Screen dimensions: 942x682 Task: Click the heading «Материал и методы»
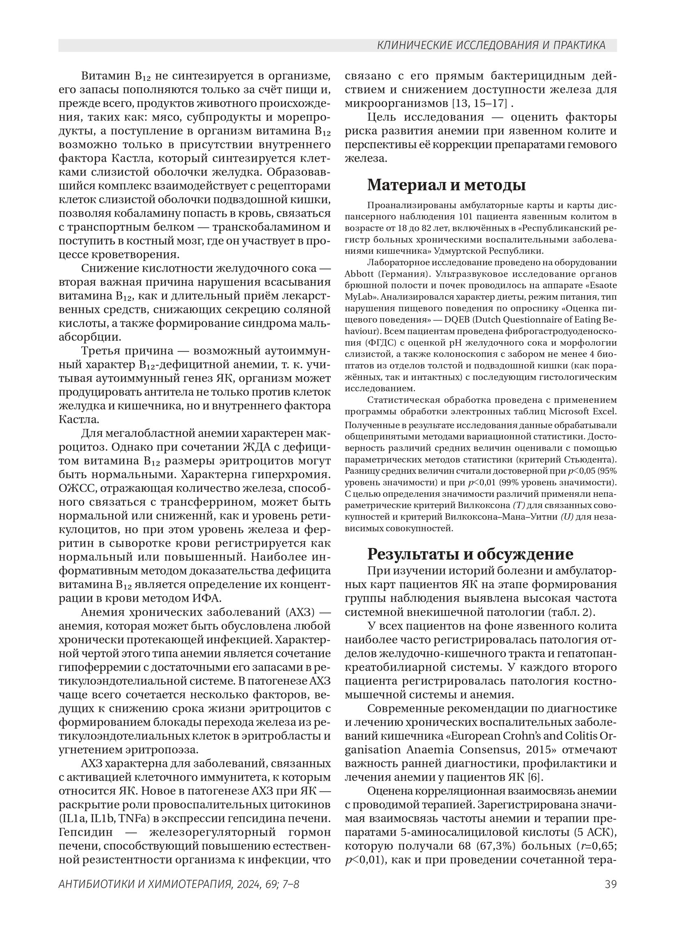click(446, 185)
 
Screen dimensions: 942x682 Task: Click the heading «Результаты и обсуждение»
click(470, 554)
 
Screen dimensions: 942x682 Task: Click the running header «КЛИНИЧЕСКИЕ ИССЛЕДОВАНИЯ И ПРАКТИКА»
click(491, 45)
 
